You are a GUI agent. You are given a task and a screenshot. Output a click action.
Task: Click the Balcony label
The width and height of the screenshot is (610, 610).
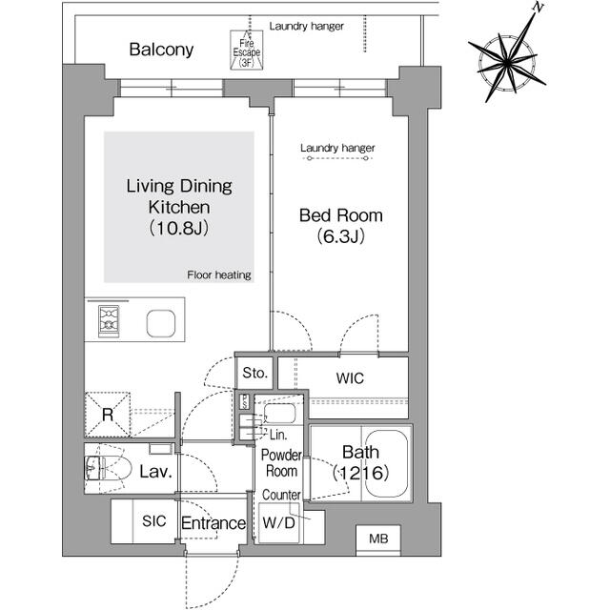click(162, 50)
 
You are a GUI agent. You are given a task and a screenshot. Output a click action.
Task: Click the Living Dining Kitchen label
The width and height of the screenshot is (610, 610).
click(179, 207)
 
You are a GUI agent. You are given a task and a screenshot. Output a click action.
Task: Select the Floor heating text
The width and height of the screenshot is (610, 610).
click(219, 275)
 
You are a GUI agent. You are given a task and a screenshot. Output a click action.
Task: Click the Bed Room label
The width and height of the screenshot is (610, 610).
click(341, 226)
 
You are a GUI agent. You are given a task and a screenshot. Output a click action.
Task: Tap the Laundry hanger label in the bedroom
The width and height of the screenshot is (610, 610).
click(337, 149)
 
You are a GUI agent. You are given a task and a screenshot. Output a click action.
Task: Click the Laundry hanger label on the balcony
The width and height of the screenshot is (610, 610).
click(306, 26)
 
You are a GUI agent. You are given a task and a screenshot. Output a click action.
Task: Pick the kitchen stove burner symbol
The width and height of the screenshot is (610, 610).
click(108, 321)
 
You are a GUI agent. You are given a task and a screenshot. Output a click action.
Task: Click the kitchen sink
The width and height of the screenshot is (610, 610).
click(160, 324)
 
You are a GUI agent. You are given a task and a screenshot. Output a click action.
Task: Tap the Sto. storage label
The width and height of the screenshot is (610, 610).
click(254, 372)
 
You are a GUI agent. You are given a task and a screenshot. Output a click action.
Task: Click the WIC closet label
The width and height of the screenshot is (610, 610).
click(350, 378)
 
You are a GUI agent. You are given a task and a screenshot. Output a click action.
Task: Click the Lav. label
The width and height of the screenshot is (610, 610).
click(155, 472)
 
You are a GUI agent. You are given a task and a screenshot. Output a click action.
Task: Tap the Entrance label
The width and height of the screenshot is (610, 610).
click(213, 523)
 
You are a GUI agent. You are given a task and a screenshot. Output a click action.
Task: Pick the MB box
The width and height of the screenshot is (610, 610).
click(378, 540)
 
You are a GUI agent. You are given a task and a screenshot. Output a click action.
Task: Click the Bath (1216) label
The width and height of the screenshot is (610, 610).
click(359, 463)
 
